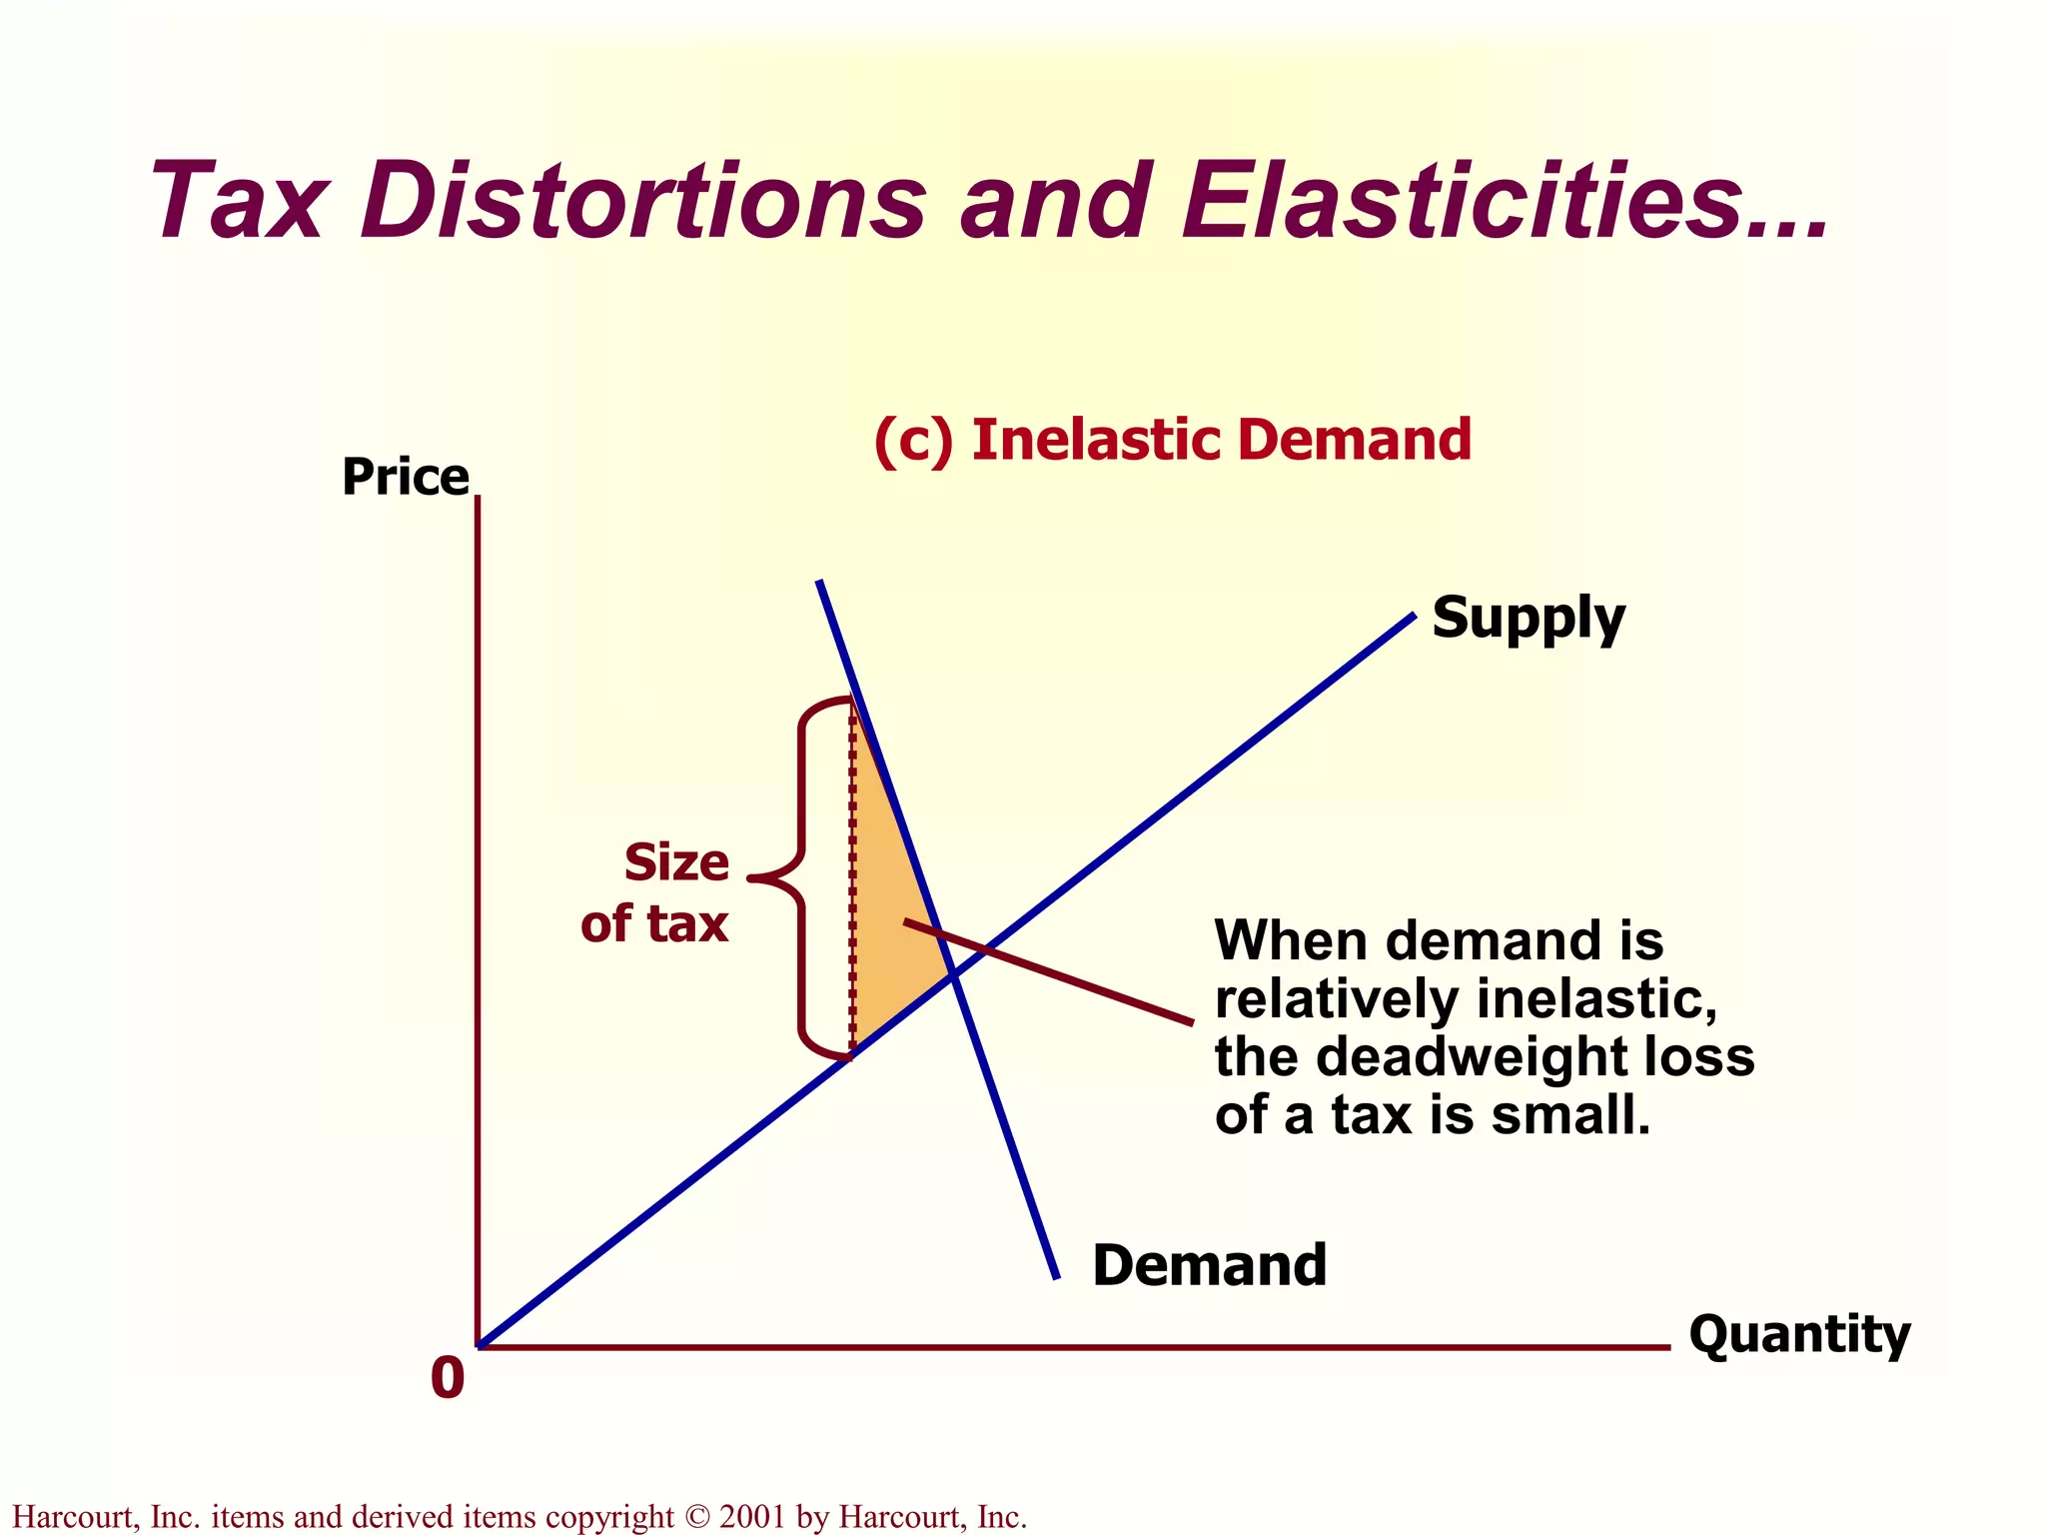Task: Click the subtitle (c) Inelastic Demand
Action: click(1172, 441)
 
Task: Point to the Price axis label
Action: click(405, 477)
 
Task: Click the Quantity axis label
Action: click(1799, 1334)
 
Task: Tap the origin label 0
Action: click(448, 1378)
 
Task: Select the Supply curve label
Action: click(1529, 618)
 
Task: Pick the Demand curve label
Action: click(1210, 1265)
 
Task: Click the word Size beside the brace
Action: click(676, 862)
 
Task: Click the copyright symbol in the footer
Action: click(695, 1517)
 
